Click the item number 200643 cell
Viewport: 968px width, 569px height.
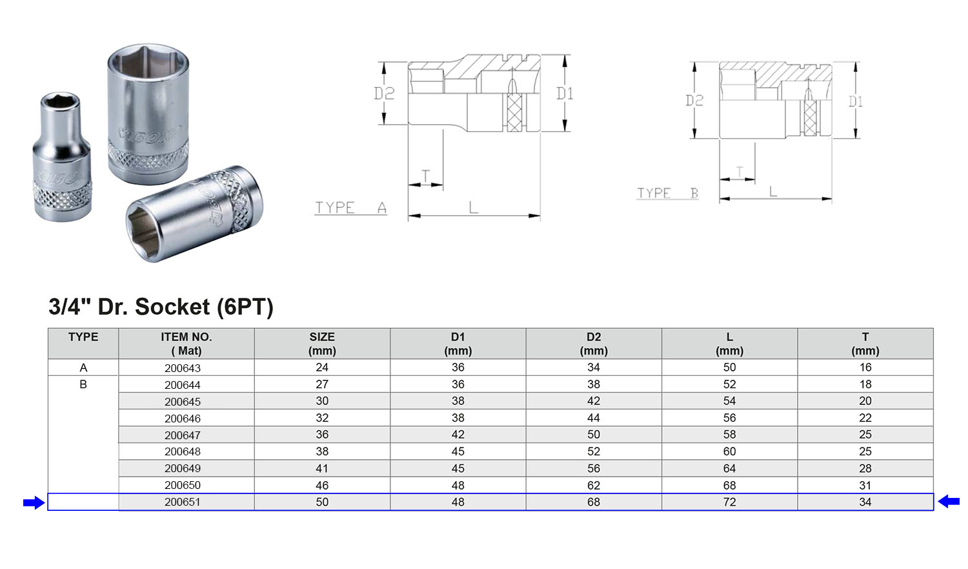[x=183, y=368]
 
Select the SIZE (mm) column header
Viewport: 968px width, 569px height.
[x=322, y=344]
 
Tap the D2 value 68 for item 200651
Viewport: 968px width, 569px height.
[x=593, y=502]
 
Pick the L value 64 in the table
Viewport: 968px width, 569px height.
[x=729, y=468]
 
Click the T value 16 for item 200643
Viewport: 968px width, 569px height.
[x=865, y=367]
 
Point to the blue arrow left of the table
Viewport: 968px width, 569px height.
[x=34, y=503]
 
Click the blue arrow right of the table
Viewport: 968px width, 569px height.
[x=949, y=502]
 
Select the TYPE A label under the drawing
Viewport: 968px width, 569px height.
[x=350, y=207]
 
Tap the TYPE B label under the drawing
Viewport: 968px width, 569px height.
[x=668, y=193]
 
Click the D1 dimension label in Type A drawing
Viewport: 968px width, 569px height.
[x=565, y=94]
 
